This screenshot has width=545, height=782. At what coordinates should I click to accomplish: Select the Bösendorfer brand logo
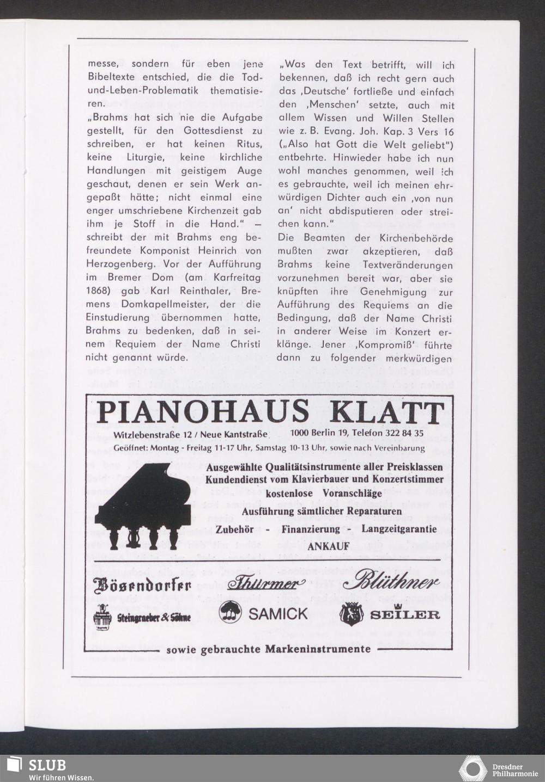click(143, 586)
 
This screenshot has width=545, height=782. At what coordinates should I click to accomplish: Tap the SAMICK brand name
click(278, 614)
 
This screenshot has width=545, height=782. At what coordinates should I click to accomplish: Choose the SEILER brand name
click(404, 615)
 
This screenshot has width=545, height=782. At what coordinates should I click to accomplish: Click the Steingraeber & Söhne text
click(154, 618)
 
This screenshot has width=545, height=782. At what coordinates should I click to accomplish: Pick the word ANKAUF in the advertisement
click(328, 546)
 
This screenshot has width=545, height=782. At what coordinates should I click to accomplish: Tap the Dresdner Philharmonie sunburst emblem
click(473, 768)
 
